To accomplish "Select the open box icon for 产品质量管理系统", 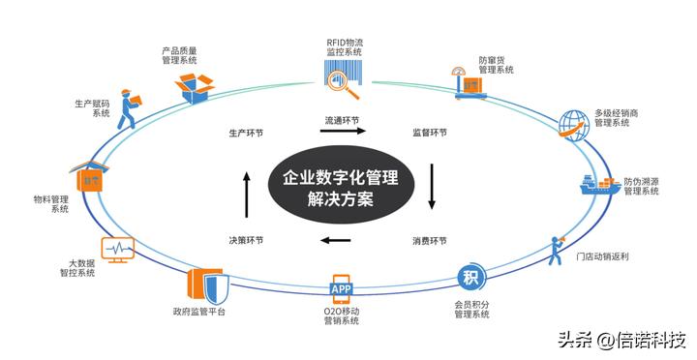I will point(199,86).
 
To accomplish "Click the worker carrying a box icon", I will point(132,110).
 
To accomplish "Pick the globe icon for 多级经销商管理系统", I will point(574,123).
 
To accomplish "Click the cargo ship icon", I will point(598,185).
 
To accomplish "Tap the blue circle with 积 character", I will point(470,278).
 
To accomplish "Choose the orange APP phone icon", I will point(342,288).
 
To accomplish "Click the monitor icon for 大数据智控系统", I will point(117,250).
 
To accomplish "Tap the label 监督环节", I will point(429,132).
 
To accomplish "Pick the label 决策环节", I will point(246,240).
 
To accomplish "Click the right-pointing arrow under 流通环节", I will point(342,134).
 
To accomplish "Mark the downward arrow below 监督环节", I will point(432,186).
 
